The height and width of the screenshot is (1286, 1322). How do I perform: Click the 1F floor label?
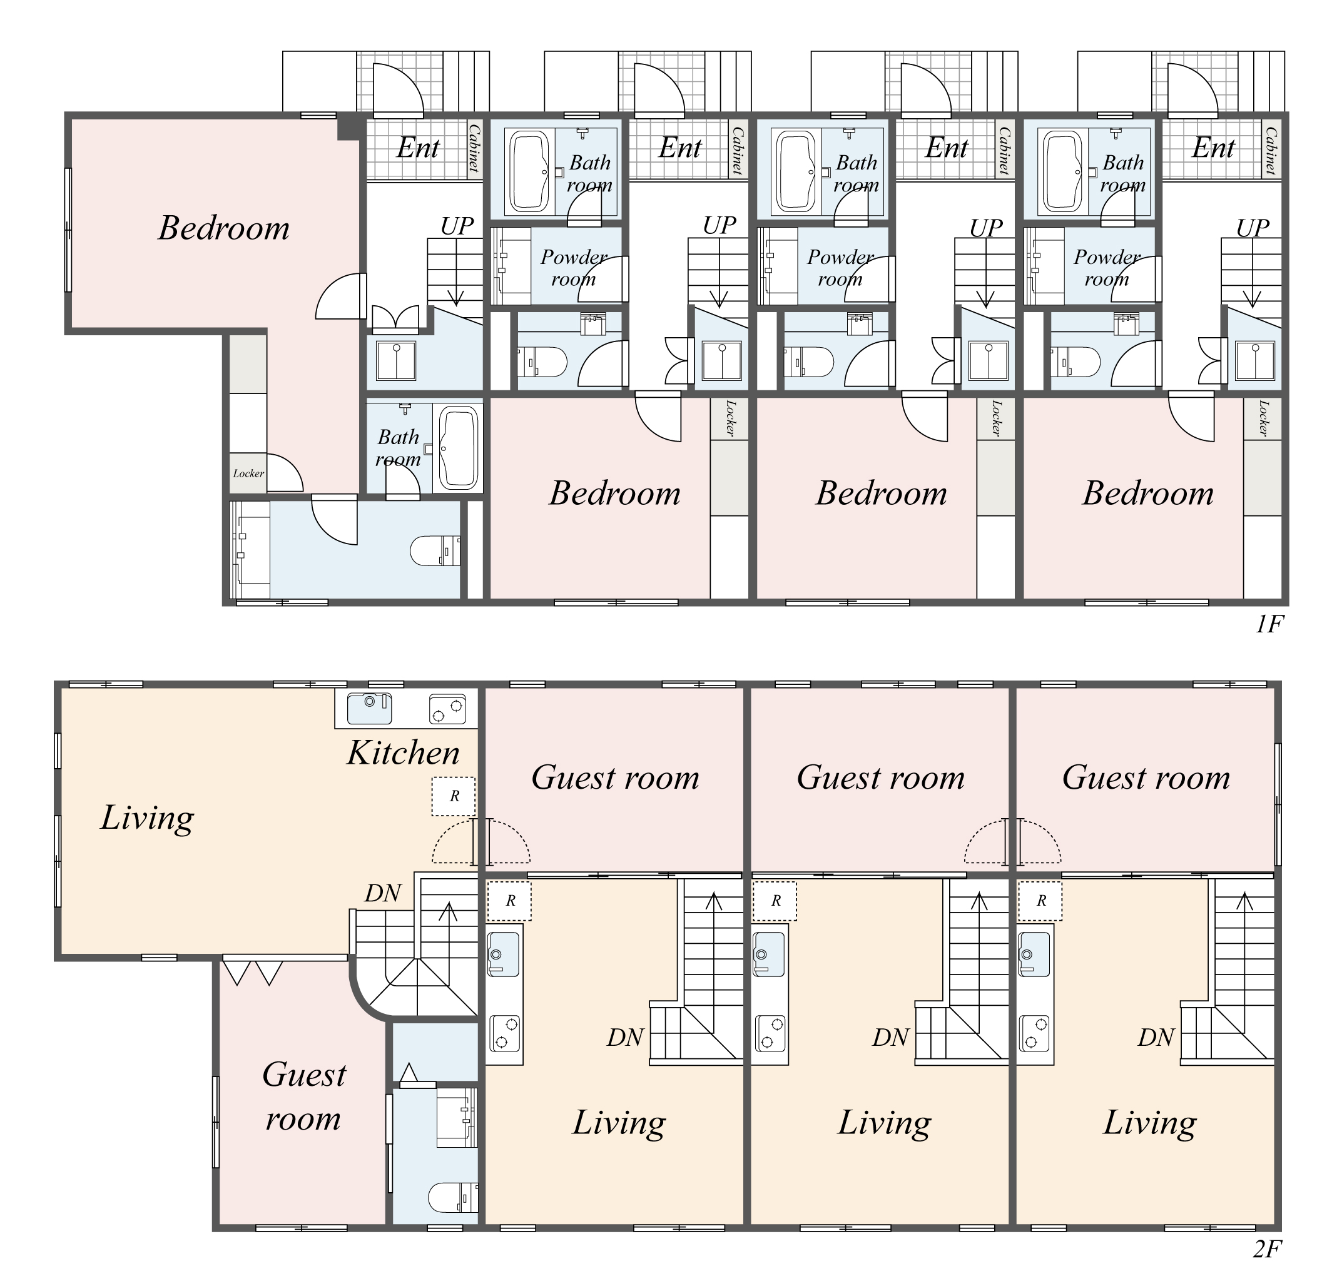pyautogui.click(x=1269, y=624)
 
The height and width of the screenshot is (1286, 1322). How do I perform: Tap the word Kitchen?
pyautogui.click(x=404, y=752)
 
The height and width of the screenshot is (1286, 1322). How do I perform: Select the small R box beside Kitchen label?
pyautogui.click(x=454, y=796)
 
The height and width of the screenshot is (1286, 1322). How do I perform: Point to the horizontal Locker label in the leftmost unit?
pyautogui.click(x=248, y=473)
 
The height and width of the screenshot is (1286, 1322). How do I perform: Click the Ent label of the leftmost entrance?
pyautogui.click(x=418, y=147)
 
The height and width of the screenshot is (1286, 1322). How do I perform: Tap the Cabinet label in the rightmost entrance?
pyautogui.click(x=1271, y=151)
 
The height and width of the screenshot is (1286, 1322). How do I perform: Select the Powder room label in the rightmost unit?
pyautogui.click(x=1107, y=268)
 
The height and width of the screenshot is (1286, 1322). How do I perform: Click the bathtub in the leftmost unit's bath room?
pyautogui.click(x=459, y=447)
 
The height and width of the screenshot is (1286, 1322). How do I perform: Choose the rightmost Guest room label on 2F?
pyautogui.click(x=1146, y=777)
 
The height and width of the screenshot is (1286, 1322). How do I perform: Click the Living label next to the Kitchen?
pyautogui.click(x=147, y=818)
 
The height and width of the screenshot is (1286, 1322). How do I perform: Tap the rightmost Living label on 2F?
pyautogui.click(x=1150, y=1123)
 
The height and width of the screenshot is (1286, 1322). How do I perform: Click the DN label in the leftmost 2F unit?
pyautogui.click(x=383, y=894)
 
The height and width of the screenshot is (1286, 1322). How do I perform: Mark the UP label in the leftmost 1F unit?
pyautogui.click(x=457, y=226)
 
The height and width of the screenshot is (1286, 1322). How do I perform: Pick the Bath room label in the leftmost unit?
pyautogui.click(x=398, y=448)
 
